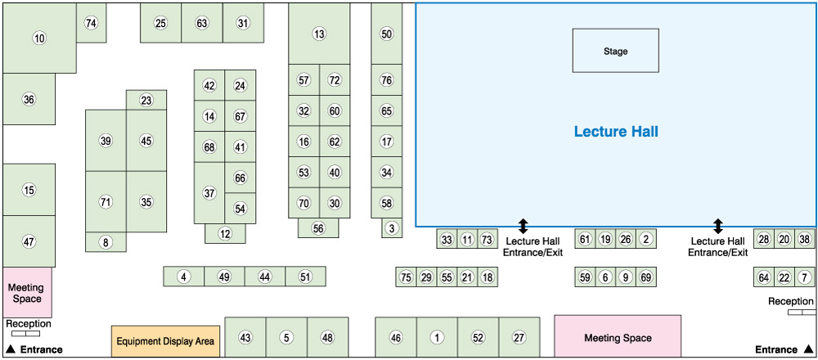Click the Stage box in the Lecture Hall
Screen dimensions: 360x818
615,51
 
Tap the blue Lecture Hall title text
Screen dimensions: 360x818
615,131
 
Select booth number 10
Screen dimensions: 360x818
38,38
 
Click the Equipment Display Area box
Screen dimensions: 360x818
165,341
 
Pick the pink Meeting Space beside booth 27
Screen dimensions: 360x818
618,337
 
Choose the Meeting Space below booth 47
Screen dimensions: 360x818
27,292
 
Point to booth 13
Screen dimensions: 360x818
319,34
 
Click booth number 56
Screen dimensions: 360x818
318,228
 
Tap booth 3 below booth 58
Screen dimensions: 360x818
392,228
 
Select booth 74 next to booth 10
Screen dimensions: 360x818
91,23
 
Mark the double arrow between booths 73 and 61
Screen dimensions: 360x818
524,225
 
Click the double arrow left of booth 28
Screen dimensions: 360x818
718,225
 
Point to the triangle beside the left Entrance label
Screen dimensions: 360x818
10,349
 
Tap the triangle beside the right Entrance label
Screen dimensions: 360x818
807,349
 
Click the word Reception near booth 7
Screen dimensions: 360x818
791,302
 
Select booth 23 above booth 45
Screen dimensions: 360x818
146,101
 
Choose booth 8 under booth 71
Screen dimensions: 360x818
106,242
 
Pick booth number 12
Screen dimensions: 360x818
225,233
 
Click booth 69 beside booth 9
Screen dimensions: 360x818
645,277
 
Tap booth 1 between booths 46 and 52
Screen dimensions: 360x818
437,337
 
